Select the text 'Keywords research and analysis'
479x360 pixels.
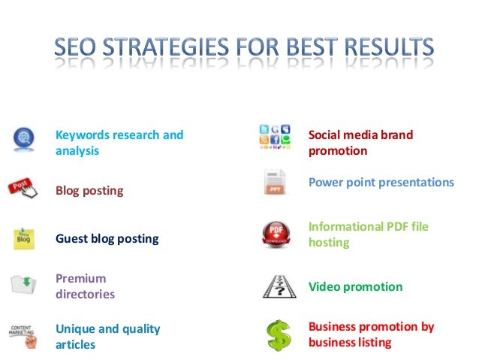pyautogui.click(x=119, y=143)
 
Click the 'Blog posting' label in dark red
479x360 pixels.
pyautogui.click(x=89, y=190)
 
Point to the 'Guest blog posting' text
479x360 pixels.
pyautogui.click(x=107, y=239)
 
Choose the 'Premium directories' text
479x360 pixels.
pyautogui.click(x=85, y=286)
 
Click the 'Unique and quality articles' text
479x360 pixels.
pyautogui.click(x=108, y=336)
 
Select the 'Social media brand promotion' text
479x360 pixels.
pyautogui.click(x=360, y=143)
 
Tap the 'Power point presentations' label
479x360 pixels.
pyautogui.click(x=381, y=183)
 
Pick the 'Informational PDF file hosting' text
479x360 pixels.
pyautogui.click(x=368, y=234)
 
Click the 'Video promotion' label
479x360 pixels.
pyautogui.click(x=355, y=286)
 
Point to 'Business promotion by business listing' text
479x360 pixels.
pyautogui.click(x=371, y=334)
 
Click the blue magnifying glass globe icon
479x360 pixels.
pyautogui.click(x=25, y=138)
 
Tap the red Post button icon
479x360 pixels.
pyautogui.click(x=23, y=187)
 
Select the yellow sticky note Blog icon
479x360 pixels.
pyautogui.click(x=24, y=238)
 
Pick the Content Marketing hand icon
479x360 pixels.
pyautogui.click(x=24, y=335)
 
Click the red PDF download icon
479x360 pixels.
pyautogui.click(x=275, y=234)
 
